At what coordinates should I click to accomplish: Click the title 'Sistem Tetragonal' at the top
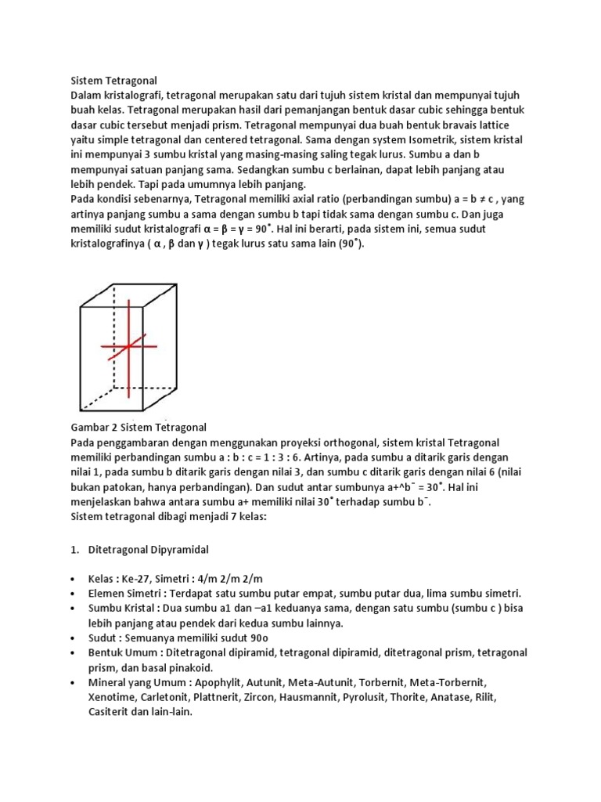pyautogui.click(x=114, y=80)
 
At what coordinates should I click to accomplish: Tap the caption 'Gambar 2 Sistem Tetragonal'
pyautogui.click(x=139, y=427)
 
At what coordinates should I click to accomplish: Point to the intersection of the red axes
pyautogui.click(x=130, y=346)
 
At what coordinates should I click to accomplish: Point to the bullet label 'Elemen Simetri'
pyautogui.click(x=125, y=594)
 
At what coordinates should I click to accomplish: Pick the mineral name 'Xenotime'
pyautogui.click(x=111, y=698)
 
